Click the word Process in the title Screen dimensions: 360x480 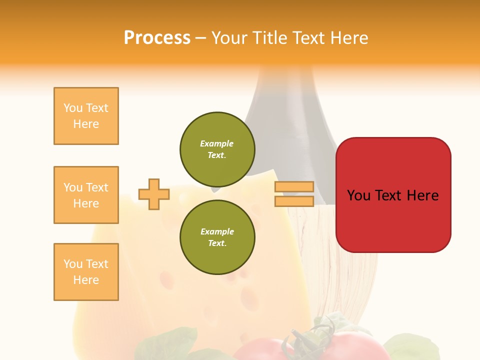157,38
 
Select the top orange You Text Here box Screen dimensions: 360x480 86,116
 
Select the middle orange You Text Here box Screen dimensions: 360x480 86,195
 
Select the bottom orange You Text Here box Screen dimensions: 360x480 86,272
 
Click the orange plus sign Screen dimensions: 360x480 154,194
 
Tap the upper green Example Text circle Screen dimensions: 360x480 217,149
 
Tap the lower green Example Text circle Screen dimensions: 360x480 217,237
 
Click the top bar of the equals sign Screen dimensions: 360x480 294,187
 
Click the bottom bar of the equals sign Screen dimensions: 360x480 294,201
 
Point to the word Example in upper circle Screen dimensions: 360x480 217,143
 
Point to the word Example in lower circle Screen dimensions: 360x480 217,231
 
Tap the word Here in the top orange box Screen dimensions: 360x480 86,124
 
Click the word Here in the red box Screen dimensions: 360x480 422,195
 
